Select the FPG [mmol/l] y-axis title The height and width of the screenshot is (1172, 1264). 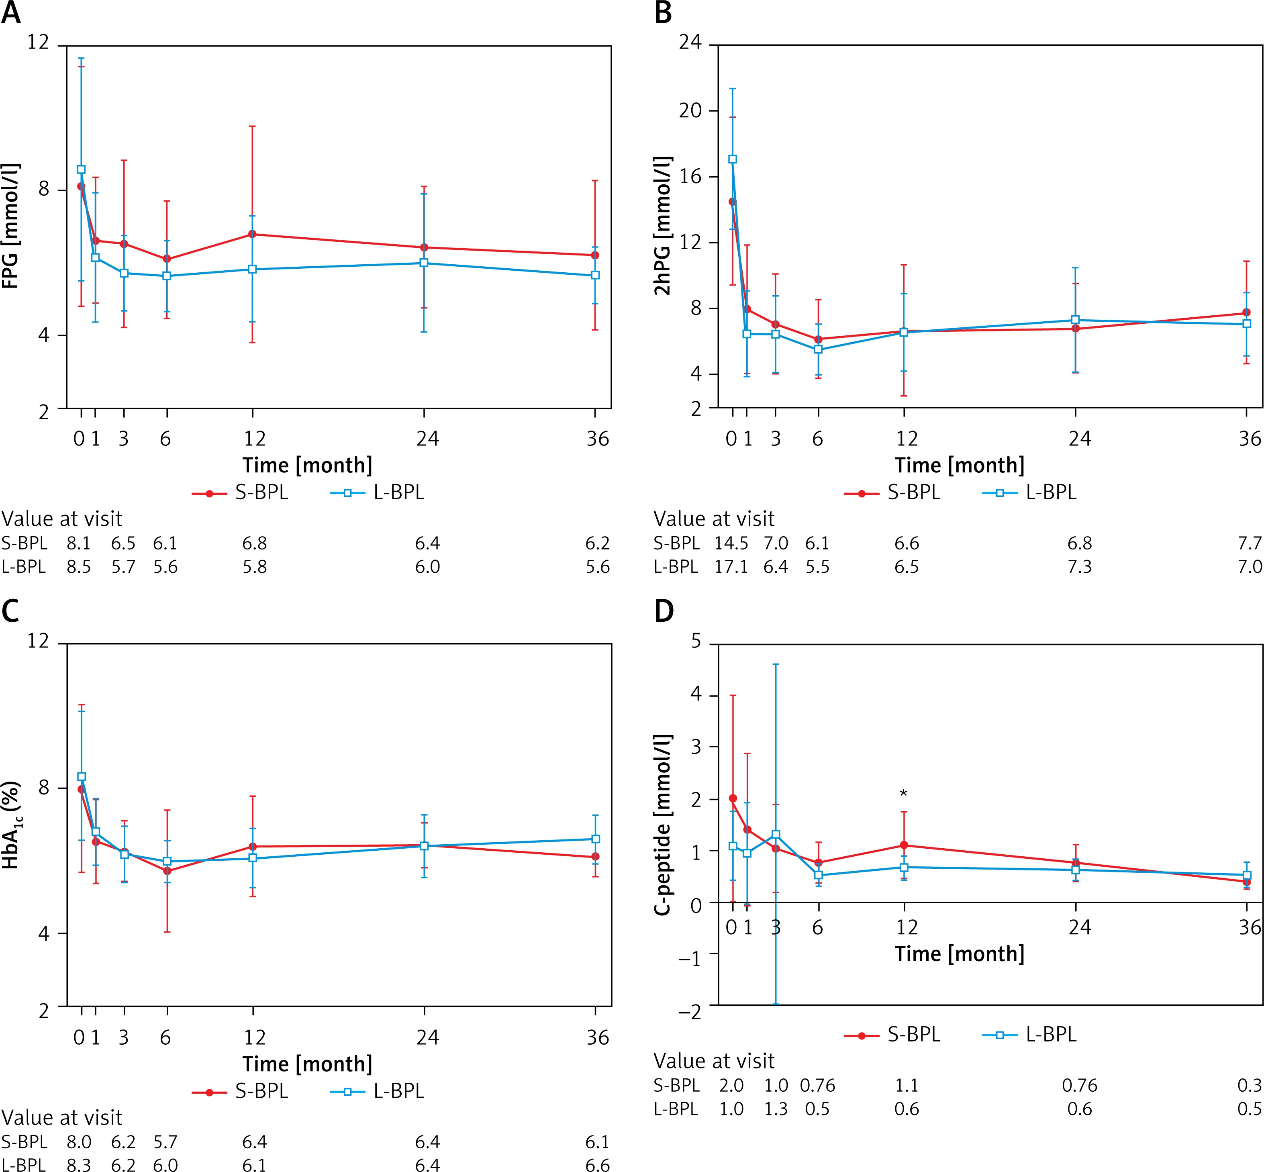[11, 227]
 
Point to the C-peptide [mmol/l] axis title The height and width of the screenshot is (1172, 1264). [663, 825]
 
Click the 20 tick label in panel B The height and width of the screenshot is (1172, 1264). [690, 110]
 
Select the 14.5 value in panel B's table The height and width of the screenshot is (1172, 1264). [731, 543]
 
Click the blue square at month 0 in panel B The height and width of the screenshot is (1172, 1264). [733, 159]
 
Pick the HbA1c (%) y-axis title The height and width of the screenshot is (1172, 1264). [11, 825]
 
